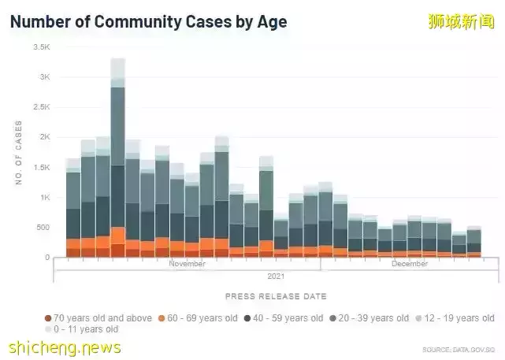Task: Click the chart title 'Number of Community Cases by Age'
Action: tap(148, 21)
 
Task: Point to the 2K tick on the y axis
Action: tap(44, 137)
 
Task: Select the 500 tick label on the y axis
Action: tap(43, 228)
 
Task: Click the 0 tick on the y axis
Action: tap(47, 258)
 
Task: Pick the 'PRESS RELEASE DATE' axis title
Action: tap(276, 296)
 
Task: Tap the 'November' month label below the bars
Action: tap(187, 264)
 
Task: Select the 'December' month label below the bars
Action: tap(410, 264)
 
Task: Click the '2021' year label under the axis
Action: tap(276, 276)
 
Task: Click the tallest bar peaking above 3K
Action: tap(117, 158)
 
